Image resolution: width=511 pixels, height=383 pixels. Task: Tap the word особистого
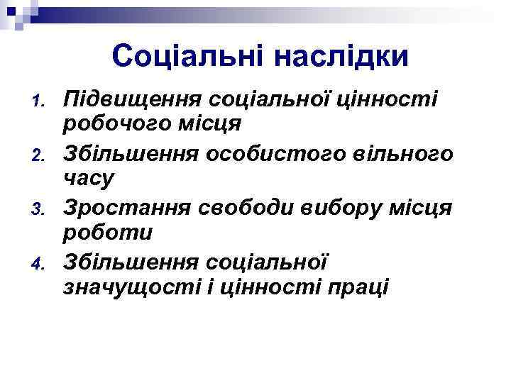(279, 152)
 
